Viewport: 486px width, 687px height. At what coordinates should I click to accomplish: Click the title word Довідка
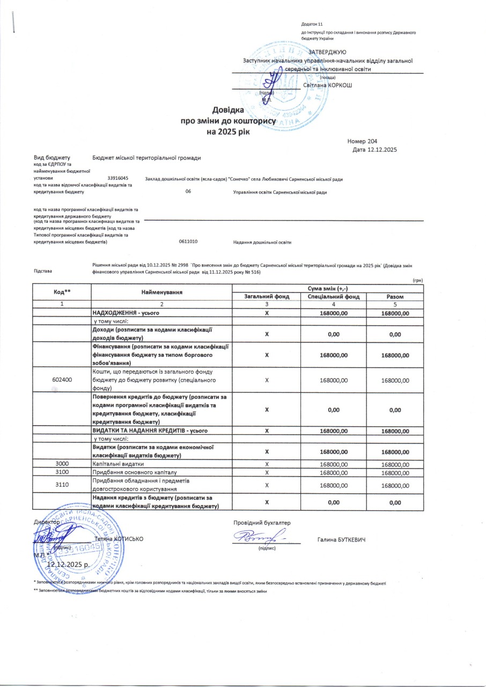coord(229,110)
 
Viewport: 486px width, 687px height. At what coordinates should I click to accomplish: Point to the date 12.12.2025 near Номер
coord(382,149)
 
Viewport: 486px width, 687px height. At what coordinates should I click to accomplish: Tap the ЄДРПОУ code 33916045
coord(118,178)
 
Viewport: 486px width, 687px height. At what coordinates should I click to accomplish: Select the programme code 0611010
coord(189,242)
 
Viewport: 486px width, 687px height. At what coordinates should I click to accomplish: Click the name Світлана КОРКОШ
coord(327,85)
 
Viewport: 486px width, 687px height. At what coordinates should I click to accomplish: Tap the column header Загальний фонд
coord(267,296)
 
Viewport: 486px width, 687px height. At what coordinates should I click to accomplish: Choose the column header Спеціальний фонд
coord(334,296)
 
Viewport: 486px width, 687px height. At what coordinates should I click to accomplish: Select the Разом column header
coord(395,296)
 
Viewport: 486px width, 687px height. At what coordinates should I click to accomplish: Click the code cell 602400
coord(62,380)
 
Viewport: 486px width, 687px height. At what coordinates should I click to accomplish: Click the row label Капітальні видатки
coord(119,463)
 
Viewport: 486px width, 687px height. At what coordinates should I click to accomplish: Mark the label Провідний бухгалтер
coord(261,522)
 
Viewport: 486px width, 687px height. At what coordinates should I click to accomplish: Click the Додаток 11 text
coord(312,25)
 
